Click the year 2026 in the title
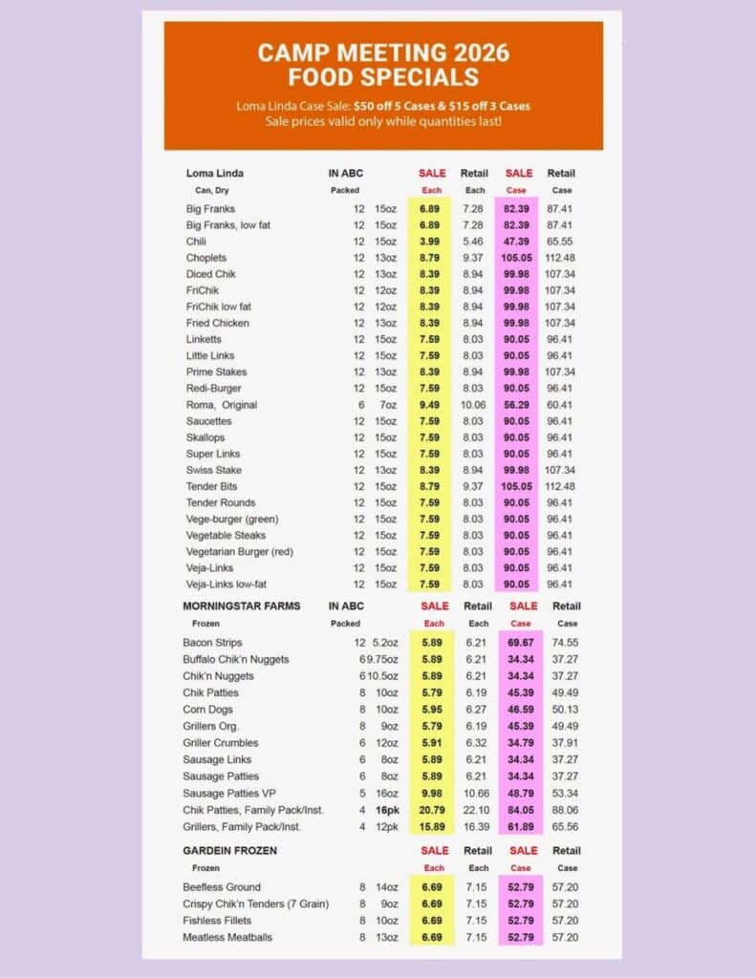pyautogui.click(x=474, y=52)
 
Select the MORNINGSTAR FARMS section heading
pyautogui.click(x=241, y=606)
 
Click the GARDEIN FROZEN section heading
pyautogui.click(x=232, y=850)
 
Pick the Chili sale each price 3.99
pyautogui.click(x=428, y=242)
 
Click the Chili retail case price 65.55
pyautogui.click(x=560, y=242)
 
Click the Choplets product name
pyautogui.click(x=207, y=258)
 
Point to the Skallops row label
pyautogui.click(x=206, y=437)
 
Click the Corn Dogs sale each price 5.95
pyautogui.click(x=433, y=710)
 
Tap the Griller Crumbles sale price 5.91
pyautogui.click(x=433, y=743)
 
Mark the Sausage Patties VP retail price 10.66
pyautogui.click(x=476, y=793)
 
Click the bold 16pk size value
pyautogui.click(x=386, y=810)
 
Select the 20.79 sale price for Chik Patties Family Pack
pyautogui.click(x=431, y=810)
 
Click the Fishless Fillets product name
pyautogui.click(x=217, y=921)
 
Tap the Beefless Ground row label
pyautogui.click(x=221, y=887)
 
